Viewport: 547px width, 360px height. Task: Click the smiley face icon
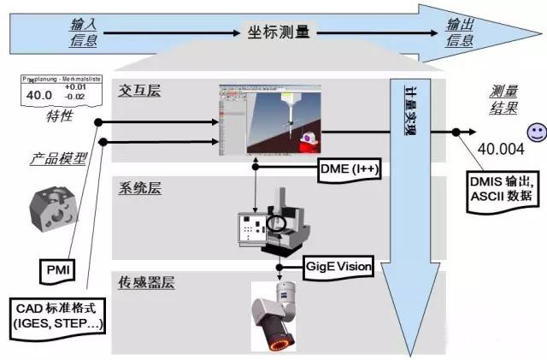pyautogui.click(x=536, y=133)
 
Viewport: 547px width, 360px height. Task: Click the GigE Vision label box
pyautogui.click(x=338, y=267)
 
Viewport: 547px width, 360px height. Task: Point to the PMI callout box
pyautogui.click(x=59, y=272)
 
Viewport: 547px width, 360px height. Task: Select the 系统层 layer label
pyautogui.click(x=140, y=188)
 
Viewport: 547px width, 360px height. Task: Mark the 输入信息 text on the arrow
pyautogui.click(x=83, y=32)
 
